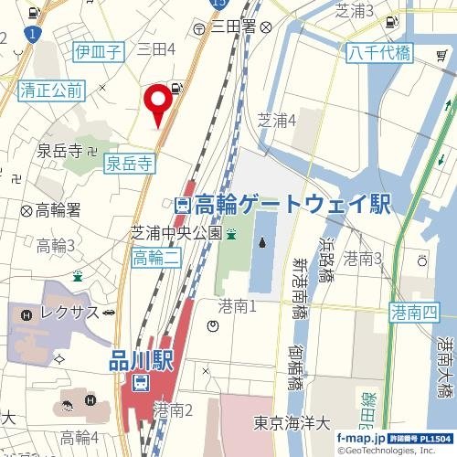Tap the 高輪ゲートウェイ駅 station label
pos(292,205)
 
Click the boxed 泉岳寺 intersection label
pos(129,164)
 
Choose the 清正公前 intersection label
pos(51,90)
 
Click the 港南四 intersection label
pos(415,314)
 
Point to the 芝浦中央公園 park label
pos(176,232)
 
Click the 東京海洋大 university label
pos(290,423)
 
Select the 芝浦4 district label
pos(277,120)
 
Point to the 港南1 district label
pos(237,304)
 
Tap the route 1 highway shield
pos(33,35)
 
